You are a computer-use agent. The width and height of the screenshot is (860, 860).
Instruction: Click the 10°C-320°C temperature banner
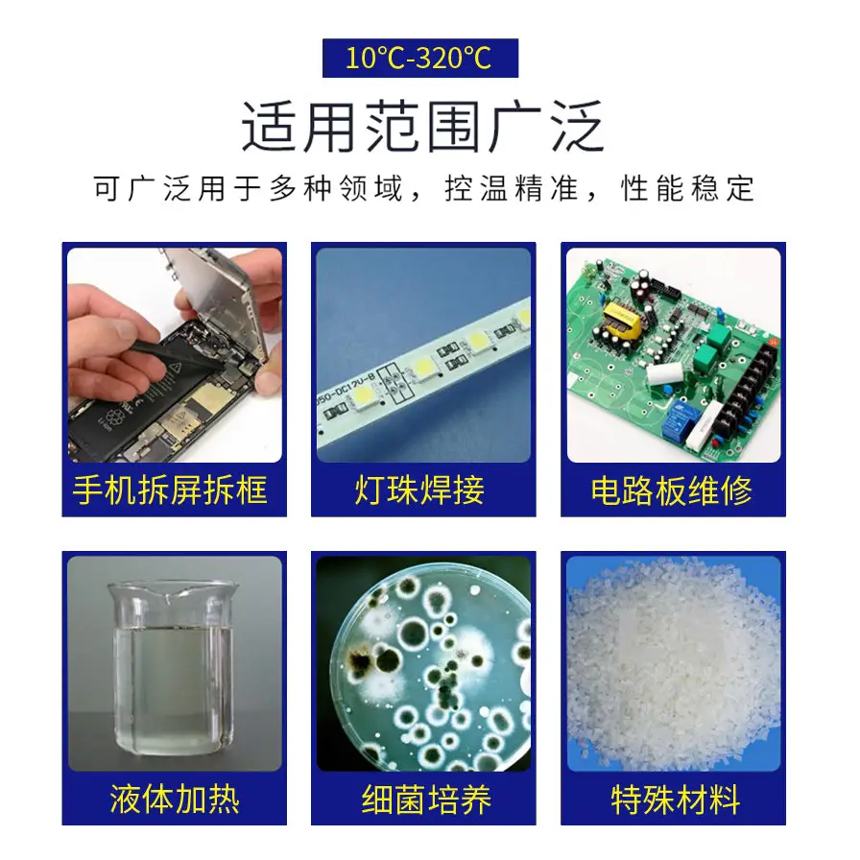click(420, 58)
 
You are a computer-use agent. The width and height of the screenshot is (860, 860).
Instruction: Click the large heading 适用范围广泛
click(423, 127)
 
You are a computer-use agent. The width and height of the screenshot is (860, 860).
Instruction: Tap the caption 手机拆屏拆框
click(170, 490)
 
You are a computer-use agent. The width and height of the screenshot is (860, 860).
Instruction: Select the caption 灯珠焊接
click(419, 490)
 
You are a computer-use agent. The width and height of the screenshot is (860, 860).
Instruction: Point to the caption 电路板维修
click(671, 490)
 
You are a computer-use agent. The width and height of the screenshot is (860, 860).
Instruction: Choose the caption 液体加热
click(175, 799)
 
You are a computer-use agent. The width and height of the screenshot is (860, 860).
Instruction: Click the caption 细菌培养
click(426, 799)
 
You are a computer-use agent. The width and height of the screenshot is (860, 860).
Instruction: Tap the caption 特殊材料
click(676, 799)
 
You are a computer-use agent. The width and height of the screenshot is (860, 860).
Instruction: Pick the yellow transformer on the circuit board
click(622, 320)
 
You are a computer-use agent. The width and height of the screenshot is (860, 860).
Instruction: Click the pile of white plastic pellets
click(674, 663)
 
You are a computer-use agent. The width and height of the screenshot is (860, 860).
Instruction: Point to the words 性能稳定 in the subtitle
click(688, 189)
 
